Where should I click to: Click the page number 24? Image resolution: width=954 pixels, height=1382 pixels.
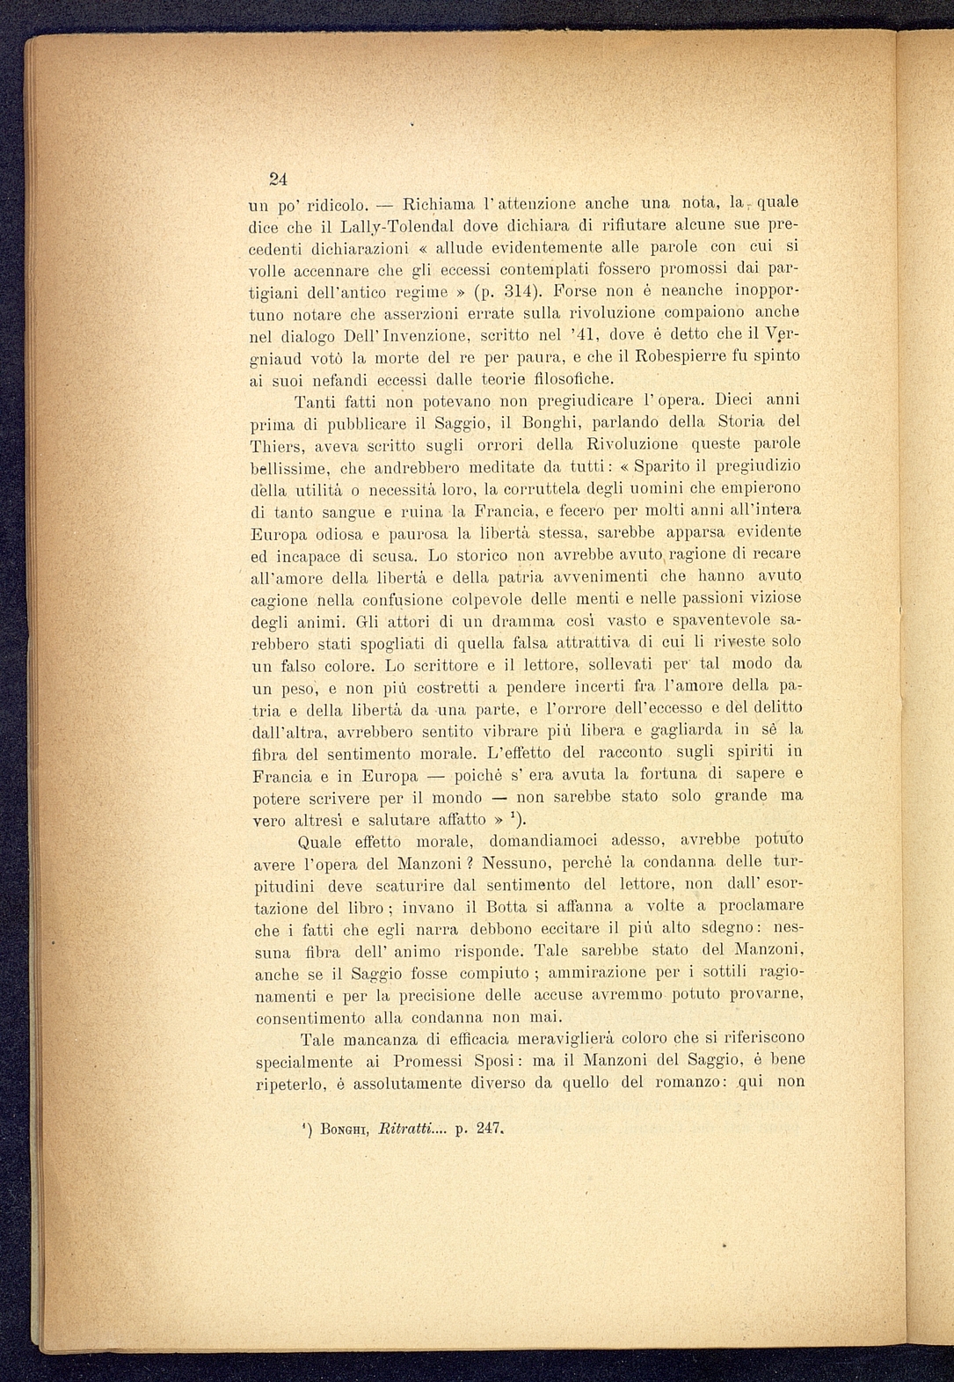tap(278, 179)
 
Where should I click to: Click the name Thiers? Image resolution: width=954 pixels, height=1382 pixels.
tap(278, 445)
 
